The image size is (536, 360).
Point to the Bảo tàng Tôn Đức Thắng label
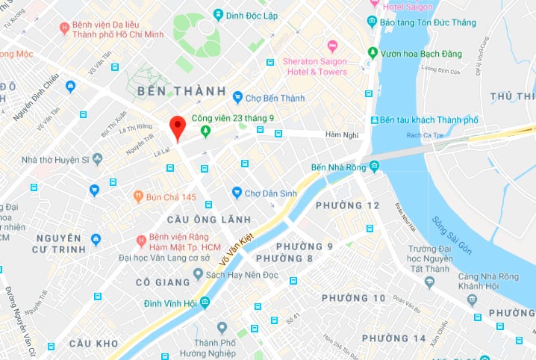tap(427, 22)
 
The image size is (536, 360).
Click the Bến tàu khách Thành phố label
tap(428, 120)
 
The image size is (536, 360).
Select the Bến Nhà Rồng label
tap(350, 167)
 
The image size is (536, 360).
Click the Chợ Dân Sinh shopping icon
tap(237, 193)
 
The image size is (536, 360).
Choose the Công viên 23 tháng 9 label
tap(232, 118)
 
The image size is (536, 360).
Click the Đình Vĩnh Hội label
tap(171, 303)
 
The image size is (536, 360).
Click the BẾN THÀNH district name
tap(181, 91)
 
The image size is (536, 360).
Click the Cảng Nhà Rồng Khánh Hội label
tap(489, 282)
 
